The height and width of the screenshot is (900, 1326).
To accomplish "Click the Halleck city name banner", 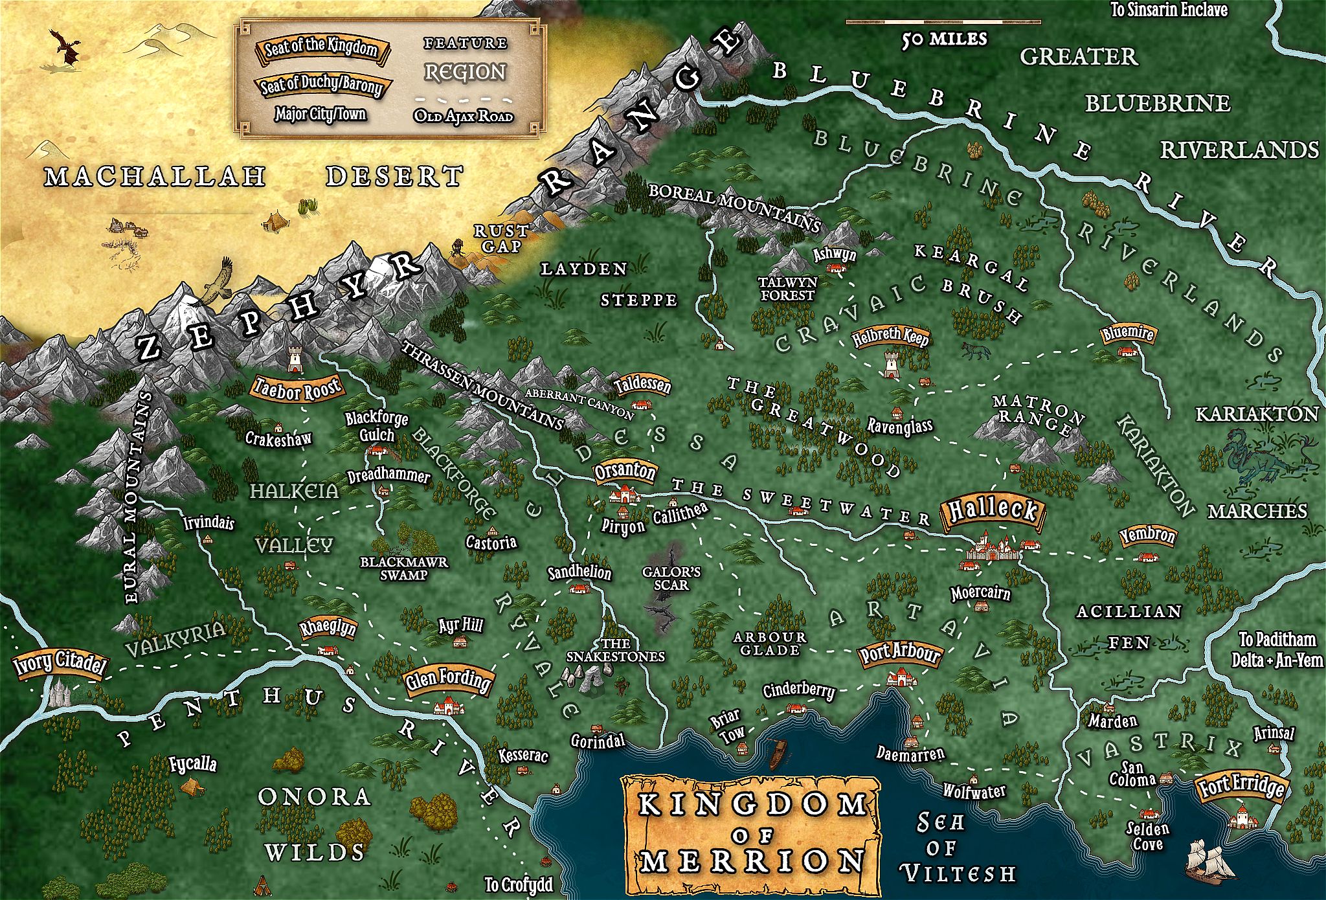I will point(993,511).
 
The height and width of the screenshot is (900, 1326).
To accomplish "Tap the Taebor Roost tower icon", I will point(295,358).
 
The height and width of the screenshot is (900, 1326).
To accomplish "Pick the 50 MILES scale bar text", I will point(945,39).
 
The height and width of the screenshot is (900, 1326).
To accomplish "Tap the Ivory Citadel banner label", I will point(60,663).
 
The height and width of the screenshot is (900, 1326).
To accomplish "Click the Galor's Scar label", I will point(671,578).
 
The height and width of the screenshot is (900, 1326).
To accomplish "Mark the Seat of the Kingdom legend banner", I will point(320,48).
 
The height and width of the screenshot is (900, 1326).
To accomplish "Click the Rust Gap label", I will point(501,238).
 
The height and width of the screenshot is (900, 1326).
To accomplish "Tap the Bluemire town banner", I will point(1128,333).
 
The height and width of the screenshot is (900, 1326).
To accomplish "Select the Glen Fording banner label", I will point(447,680).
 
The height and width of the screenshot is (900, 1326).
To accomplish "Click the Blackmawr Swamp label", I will point(404,568).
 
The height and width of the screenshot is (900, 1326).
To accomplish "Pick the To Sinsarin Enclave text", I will point(1169,10).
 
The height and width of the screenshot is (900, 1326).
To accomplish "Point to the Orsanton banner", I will point(625,471).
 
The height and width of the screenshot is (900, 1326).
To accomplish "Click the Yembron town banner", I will point(1147,535).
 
